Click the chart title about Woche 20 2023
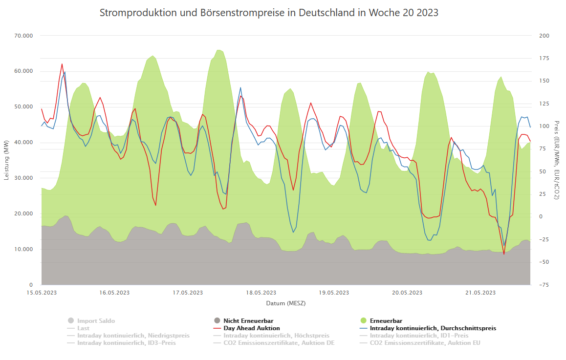pos(269,13)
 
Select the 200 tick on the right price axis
pos(544,36)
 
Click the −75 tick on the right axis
pos(544,285)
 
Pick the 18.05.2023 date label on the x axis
pos(261,293)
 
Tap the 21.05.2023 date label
pos(480,293)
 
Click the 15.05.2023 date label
pos(42,293)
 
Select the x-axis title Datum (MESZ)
pos(285,303)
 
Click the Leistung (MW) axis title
pos(6,160)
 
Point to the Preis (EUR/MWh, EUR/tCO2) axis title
pos(557,160)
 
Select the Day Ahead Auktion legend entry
pos(252,328)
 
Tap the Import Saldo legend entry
pos(96,321)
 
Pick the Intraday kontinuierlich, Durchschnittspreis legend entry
pos(433,328)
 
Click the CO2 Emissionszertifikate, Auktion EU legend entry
pos(425,343)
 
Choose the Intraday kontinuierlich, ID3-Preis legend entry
pos(126,343)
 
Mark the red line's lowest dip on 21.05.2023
pos(504,254)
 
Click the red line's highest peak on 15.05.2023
pos(62,64)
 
